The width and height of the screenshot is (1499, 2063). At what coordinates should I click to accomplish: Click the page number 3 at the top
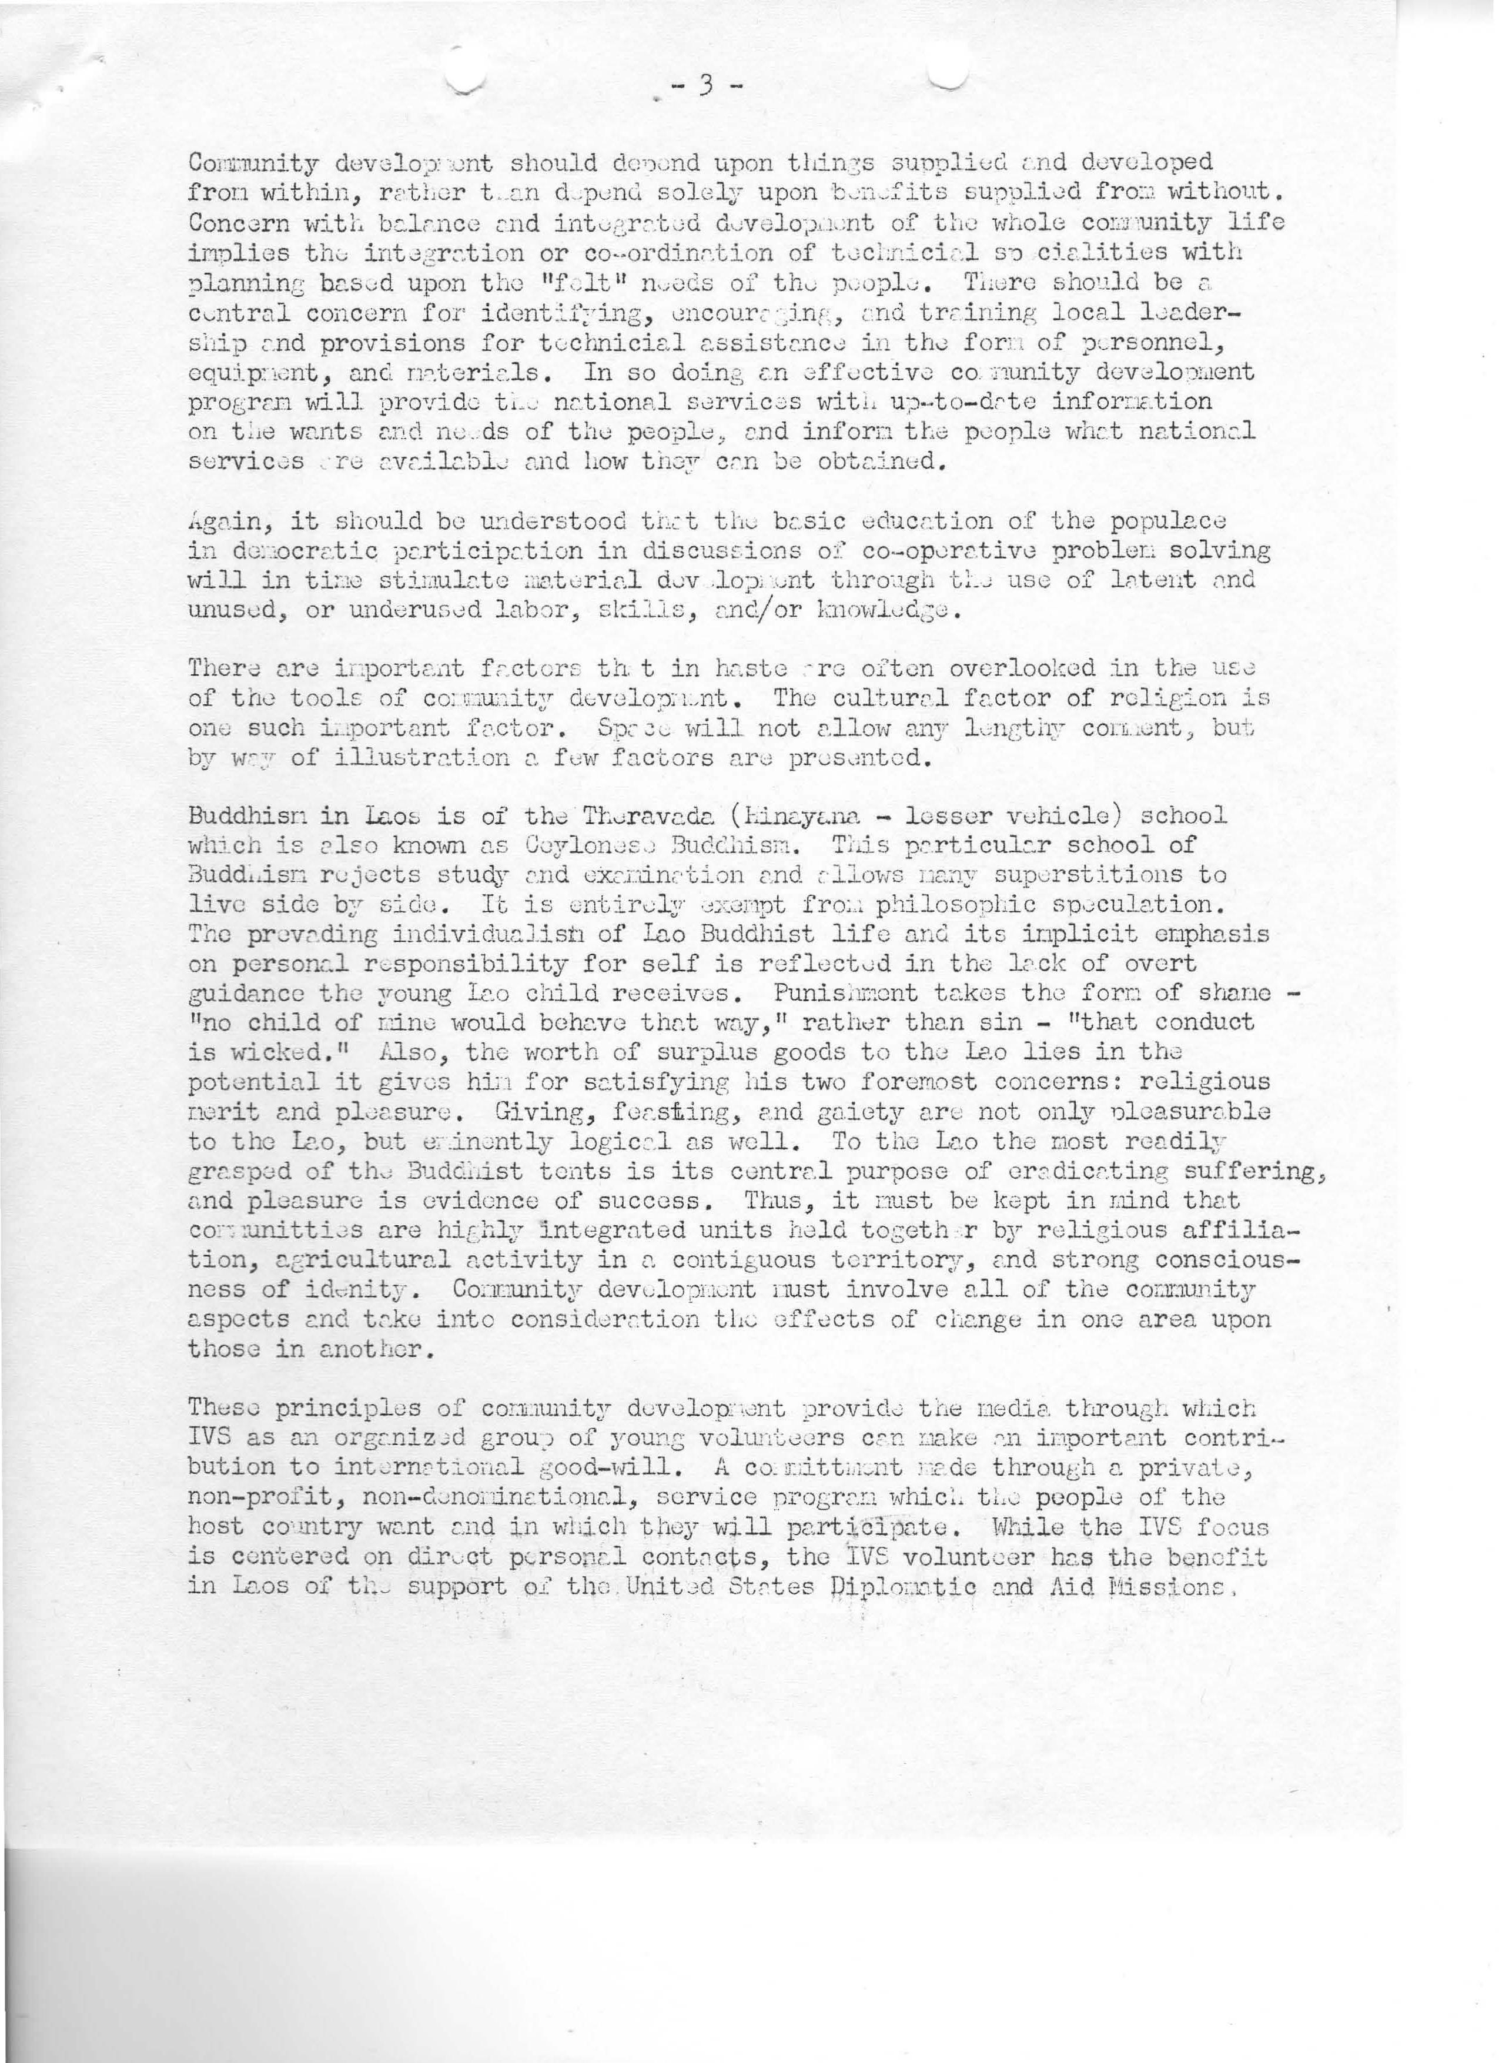[705, 86]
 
